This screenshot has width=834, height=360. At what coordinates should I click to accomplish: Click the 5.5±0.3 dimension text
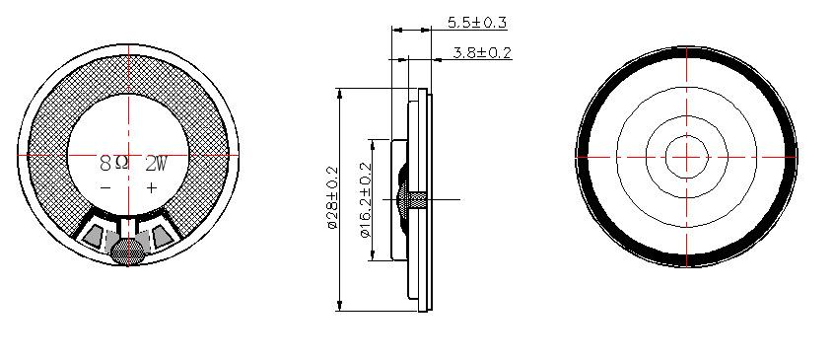476,23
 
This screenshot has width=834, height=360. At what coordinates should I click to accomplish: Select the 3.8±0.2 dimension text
482,52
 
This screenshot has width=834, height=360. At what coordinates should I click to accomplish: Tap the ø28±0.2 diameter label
332,198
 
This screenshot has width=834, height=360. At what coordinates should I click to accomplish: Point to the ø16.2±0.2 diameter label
366,200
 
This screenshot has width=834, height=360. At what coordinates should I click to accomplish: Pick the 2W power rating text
157,164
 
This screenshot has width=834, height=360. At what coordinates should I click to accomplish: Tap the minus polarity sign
105,187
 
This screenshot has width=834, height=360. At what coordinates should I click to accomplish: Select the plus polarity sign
152,187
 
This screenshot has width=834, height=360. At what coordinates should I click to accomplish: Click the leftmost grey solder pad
93,236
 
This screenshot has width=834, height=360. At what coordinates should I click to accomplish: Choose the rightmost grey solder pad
163,236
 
